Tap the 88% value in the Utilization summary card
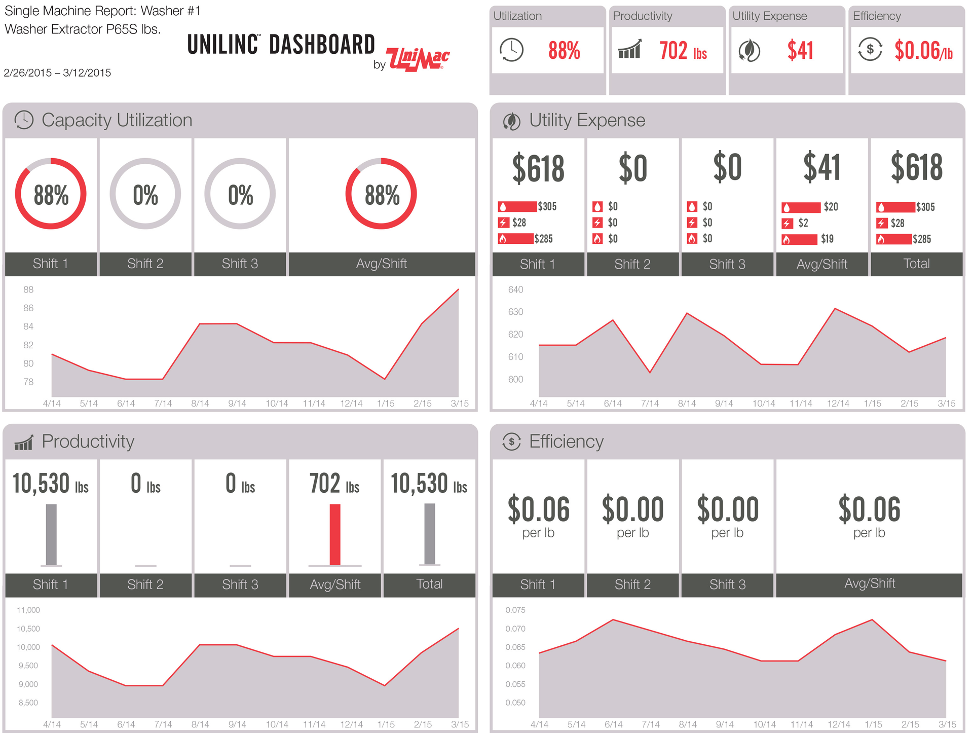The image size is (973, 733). pos(564,51)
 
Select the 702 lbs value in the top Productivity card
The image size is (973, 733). pos(683,51)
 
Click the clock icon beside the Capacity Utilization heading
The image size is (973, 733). pos(24,120)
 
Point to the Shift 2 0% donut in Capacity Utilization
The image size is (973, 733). pos(145,194)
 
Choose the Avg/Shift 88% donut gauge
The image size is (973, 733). pos(381,194)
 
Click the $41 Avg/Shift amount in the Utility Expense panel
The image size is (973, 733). pos(821,167)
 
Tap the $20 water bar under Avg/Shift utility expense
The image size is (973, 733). pos(801,207)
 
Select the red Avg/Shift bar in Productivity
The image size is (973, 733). pos(335,534)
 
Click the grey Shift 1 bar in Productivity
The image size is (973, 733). pos(51,534)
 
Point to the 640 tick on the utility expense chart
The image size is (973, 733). pos(515,289)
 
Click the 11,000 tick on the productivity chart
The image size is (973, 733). pos(28,610)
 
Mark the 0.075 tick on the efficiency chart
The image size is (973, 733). pos(515,610)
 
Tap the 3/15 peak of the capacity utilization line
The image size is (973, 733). pos(458,289)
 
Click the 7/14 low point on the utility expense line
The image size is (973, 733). pos(650,373)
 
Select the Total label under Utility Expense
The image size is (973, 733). pos(916,264)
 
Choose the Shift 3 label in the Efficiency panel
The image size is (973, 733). pos(727,584)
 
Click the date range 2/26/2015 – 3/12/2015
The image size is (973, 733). pos(57,72)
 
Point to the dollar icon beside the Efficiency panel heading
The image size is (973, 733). pos(512,442)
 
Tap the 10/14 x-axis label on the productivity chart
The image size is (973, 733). pos(277,724)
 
